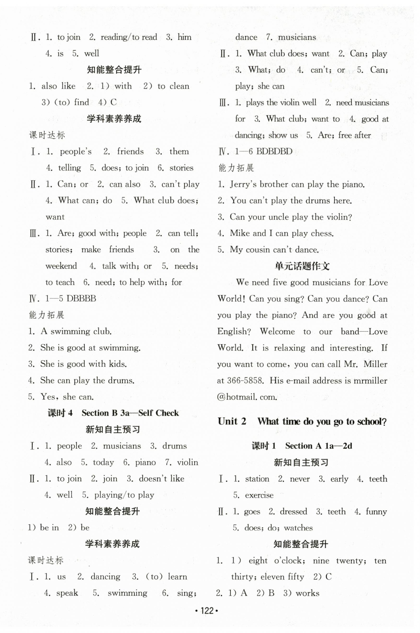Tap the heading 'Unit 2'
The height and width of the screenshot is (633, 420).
click(232, 421)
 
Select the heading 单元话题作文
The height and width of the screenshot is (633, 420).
click(302, 266)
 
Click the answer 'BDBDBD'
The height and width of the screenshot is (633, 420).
click(274, 152)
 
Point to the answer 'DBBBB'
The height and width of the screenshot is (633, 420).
click(81, 298)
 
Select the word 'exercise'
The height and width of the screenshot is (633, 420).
click(259, 495)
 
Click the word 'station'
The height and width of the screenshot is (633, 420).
click(257, 479)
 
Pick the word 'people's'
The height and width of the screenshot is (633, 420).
click(75, 152)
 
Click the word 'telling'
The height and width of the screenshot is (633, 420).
click(69, 168)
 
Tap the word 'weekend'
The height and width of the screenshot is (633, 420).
click(61, 266)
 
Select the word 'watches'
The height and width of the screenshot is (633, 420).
click(298, 528)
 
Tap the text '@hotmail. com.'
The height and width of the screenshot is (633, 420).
click(247, 397)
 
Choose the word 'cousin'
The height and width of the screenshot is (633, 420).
click(258, 250)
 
